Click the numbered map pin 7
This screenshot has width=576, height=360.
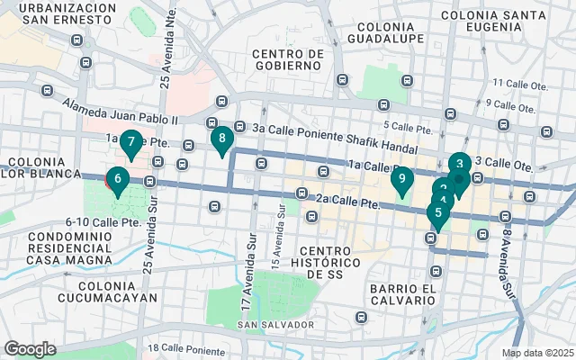[x=131, y=142]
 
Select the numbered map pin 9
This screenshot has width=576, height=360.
[x=402, y=179]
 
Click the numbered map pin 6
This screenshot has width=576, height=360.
[x=117, y=179]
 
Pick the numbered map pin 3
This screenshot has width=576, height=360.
[x=459, y=165]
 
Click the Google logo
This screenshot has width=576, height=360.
[x=30, y=348]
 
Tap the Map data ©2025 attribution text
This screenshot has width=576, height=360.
[x=536, y=353]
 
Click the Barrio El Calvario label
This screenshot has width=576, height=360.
[x=403, y=294]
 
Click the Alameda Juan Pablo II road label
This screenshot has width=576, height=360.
[x=121, y=112]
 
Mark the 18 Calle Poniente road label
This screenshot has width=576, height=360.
[x=184, y=347]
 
